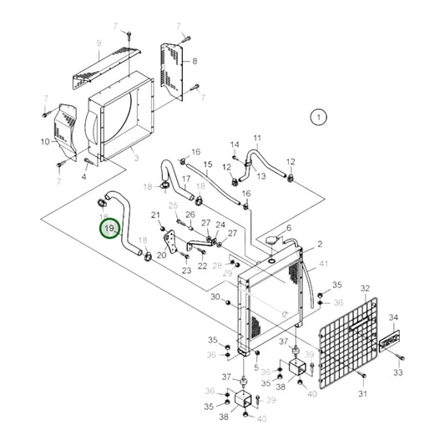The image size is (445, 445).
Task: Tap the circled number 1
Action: (318, 117)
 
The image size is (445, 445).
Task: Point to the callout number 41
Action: (323, 265)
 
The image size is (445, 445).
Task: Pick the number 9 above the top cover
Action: (99, 43)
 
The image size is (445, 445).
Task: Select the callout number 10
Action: (44, 142)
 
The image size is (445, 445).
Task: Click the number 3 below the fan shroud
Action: (135, 156)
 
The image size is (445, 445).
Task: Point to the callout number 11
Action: (257, 138)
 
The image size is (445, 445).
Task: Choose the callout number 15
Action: (208, 164)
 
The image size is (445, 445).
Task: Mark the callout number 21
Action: (155, 215)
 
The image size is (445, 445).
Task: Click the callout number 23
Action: (186, 270)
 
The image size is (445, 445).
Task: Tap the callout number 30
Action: (215, 296)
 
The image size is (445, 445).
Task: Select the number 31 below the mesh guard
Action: (363, 393)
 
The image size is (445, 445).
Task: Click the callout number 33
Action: (397, 372)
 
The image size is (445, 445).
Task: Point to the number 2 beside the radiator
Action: (319, 245)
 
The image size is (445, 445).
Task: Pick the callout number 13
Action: (260, 176)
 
